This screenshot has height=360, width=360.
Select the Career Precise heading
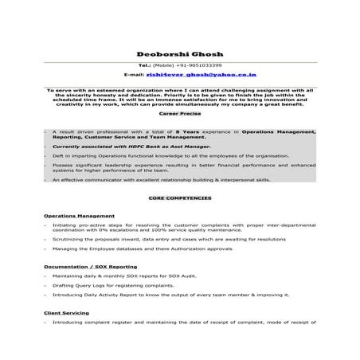[x=179, y=115]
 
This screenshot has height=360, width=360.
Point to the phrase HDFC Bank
[x=133, y=147]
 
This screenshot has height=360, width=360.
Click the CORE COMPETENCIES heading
[x=179, y=197]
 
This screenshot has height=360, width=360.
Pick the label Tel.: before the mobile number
[x=144, y=65]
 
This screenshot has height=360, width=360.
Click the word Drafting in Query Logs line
[x=64, y=284]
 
